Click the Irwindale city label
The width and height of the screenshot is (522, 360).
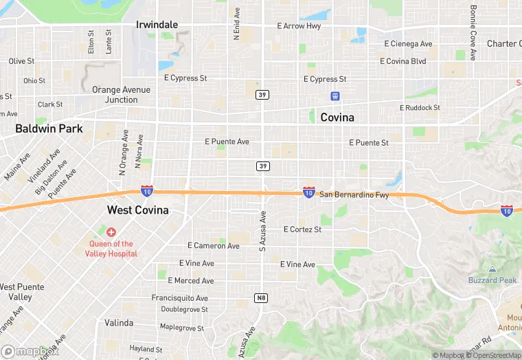point(157,25)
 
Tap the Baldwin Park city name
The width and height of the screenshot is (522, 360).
point(49,128)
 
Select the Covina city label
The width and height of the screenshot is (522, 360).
point(337,117)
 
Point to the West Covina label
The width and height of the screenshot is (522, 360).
point(137,210)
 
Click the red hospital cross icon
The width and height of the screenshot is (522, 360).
point(111,232)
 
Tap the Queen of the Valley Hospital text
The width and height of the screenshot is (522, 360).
point(111,249)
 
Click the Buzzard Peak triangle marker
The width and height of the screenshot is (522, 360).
point(492,269)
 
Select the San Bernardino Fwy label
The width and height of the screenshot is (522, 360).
point(354,195)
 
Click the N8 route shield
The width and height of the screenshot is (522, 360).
point(260,297)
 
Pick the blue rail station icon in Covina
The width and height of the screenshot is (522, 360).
point(335,96)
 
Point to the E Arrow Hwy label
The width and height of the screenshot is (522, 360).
point(299,26)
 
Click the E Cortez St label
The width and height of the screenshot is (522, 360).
point(302,229)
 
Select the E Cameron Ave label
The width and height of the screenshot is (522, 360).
point(214,246)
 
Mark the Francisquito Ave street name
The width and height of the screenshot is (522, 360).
point(179,298)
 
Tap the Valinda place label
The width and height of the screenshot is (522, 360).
point(119,323)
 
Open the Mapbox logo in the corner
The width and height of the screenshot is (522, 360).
point(26,352)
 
